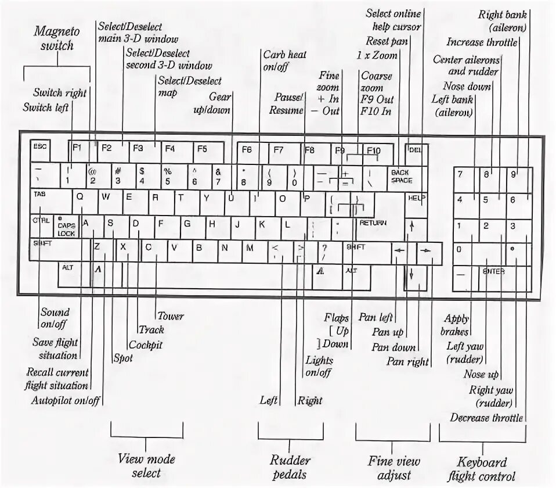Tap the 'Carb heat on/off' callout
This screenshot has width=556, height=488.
point(284,60)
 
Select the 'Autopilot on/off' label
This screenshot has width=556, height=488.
point(66,401)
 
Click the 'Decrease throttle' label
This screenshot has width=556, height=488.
point(486,418)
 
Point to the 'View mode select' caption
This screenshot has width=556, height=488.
point(146,466)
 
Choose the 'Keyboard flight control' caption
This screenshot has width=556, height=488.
point(482,469)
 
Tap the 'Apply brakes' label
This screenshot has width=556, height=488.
point(456,325)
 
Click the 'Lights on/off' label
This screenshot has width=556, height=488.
point(319,367)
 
